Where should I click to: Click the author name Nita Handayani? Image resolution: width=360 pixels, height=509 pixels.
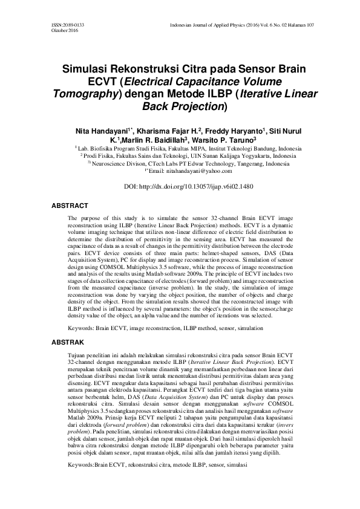[100, 131]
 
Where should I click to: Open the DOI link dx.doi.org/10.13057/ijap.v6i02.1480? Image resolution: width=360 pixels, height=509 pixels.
[197, 187]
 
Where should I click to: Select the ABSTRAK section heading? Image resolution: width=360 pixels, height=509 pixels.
[66, 342]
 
